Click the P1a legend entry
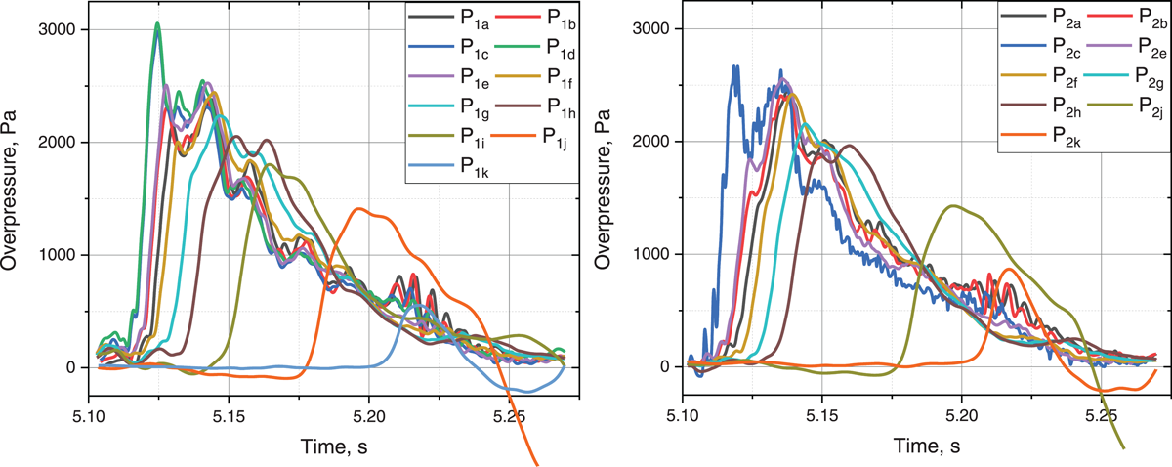tap(449, 19)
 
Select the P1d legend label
tap(561, 49)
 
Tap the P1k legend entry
tap(449, 167)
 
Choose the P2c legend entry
tap(1041, 48)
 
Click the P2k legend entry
tap(1041, 137)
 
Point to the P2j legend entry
tap(1125, 106)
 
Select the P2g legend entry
tap(1125, 77)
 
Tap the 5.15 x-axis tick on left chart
tap(229, 418)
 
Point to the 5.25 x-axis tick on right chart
tap(1102, 417)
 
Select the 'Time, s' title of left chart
tap(334, 446)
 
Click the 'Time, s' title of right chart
tap(927, 446)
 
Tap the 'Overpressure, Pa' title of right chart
tap(604, 191)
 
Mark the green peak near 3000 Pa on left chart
tap(157, 23)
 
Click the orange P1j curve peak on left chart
tap(358, 209)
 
